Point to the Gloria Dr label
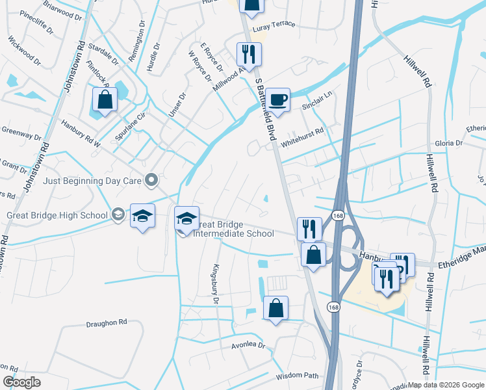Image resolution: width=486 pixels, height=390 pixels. [449, 142]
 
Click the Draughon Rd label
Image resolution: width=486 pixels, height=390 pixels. [106, 322]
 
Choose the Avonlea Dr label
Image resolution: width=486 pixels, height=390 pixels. [249, 345]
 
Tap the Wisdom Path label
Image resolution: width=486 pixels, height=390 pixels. [298, 376]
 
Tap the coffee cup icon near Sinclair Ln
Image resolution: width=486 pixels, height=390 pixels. [277, 99]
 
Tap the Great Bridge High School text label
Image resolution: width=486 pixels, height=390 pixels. [57, 215]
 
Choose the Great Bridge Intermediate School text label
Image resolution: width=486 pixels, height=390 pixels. [235, 228]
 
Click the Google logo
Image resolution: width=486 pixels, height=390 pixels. [21, 382]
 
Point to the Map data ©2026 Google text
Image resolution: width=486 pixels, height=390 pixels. [446, 385]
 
